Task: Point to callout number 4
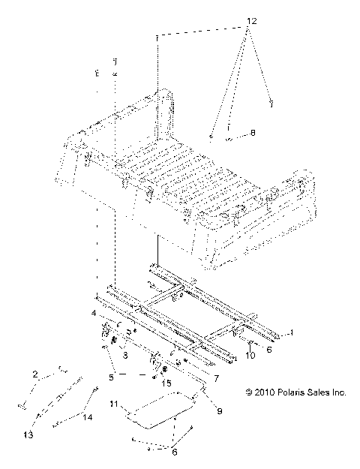[x=94, y=312]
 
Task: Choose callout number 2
[x=35, y=373]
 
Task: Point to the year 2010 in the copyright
[x=263, y=392]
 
